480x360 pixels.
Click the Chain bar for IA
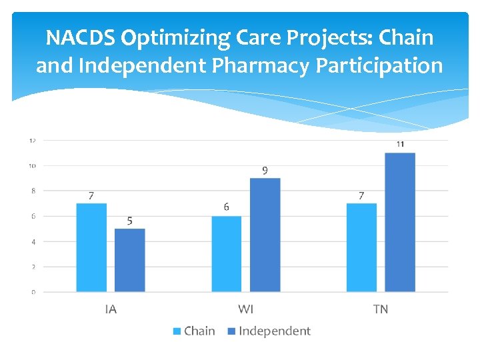(91, 247)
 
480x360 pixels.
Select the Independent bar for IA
(129, 260)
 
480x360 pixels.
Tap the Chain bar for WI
(227, 253)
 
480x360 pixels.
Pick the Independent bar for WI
(265, 235)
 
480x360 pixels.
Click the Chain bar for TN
(361, 247)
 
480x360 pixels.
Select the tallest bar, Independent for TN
(400, 222)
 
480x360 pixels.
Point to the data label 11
(400, 144)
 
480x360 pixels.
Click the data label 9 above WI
(265, 171)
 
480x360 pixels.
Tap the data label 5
(129, 221)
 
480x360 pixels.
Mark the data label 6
(227, 207)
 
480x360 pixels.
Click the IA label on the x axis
(111, 309)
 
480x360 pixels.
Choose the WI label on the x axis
(245, 309)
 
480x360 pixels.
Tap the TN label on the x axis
(381, 309)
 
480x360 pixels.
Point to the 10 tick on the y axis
(32, 166)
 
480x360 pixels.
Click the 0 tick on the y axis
(33, 292)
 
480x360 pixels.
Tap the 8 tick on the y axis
(33, 191)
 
